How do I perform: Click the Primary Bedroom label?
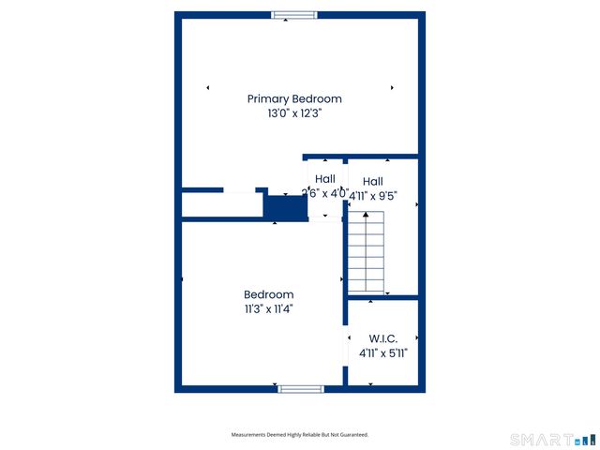click(294, 98)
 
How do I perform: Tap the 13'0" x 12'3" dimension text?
click(294, 113)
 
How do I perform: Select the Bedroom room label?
click(268, 294)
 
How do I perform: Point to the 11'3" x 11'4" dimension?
click(268, 308)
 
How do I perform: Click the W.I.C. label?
click(383, 338)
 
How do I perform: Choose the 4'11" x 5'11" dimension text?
click(383, 353)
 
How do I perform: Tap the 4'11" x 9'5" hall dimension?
click(373, 197)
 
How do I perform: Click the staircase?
click(366, 253)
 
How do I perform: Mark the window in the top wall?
click(294, 15)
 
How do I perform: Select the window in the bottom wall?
click(301, 388)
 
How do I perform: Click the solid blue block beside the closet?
click(286, 208)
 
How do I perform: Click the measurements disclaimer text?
click(300, 435)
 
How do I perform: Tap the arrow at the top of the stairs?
click(366, 216)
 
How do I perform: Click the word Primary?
click(268, 98)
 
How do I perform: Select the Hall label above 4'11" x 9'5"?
click(373, 182)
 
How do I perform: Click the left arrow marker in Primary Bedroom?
click(207, 88)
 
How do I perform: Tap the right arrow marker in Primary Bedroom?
click(392, 88)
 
